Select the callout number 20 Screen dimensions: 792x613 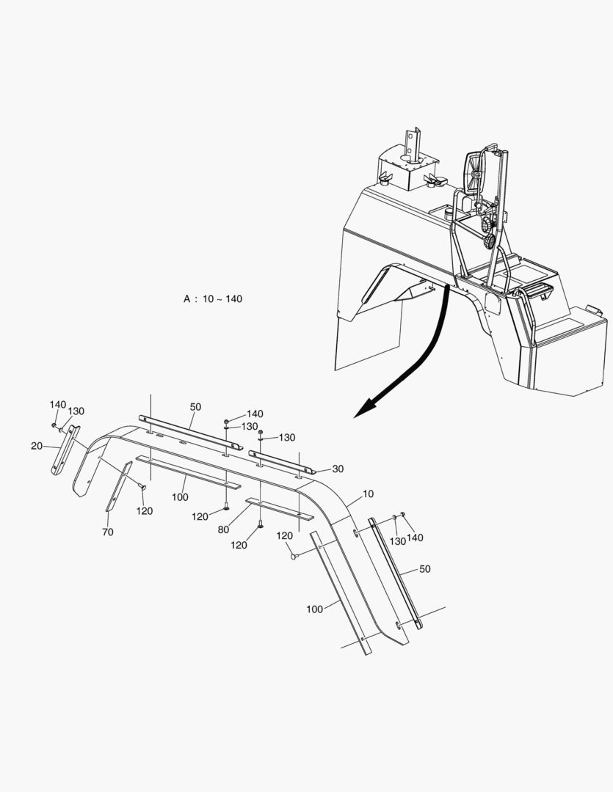(x=37, y=446)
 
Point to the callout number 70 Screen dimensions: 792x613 (x=108, y=532)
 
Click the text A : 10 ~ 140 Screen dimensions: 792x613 (x=212, y=299)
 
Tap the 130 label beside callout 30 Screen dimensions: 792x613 (x=286, y=438)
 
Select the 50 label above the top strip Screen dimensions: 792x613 (x=195, y=407)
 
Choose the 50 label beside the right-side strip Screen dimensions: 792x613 (x=424, y=568)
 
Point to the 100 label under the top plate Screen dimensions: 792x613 (x=180, y=497)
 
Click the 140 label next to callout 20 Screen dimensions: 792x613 (x=58, y=405)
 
